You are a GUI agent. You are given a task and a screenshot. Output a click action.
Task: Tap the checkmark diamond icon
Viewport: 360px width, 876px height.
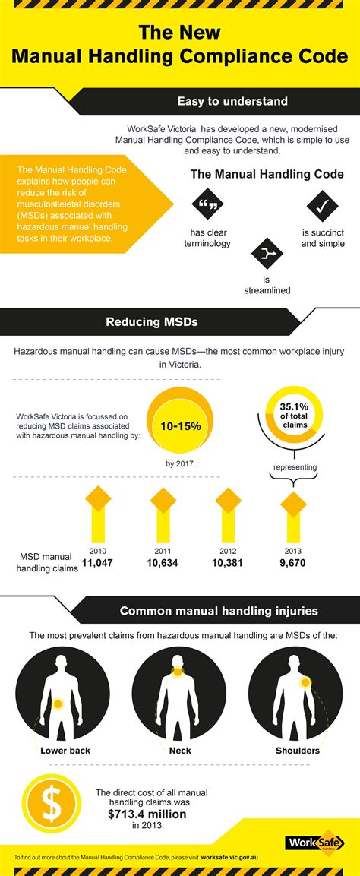click(322, 204)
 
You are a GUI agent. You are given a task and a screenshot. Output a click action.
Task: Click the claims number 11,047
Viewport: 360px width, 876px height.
click(97, 563)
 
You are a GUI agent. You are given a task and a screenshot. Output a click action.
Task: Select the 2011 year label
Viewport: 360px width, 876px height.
click(163, 549)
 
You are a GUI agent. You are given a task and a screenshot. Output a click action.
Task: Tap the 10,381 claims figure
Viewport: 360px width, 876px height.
click(228, 563)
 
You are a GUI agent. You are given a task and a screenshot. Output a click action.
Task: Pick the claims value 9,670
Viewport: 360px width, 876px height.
click(292, 563)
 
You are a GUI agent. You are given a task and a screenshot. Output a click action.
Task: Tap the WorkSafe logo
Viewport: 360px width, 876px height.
click(313, 843)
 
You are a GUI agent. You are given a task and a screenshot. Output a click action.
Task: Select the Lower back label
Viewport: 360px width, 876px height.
click(65, 751)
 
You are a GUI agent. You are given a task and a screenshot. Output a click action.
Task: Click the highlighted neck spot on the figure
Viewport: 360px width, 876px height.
click(181, 671)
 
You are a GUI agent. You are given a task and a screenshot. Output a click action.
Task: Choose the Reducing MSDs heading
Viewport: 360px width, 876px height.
click(151, 322)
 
